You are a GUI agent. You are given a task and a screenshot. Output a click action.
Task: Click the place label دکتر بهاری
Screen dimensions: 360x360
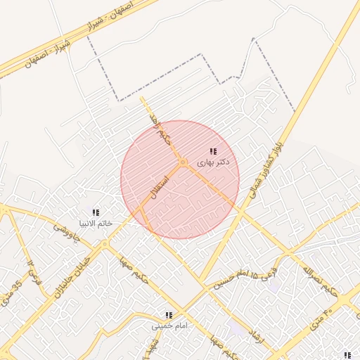coord(212,162)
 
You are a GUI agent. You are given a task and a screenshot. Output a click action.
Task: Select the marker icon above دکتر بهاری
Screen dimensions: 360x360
coord(213,151)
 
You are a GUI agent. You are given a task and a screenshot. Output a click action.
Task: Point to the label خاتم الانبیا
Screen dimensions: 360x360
coord(95,223)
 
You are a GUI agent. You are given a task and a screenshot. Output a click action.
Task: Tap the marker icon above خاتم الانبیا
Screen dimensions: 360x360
coord(96,212)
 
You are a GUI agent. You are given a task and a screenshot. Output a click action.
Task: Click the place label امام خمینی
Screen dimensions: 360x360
coord(169,326)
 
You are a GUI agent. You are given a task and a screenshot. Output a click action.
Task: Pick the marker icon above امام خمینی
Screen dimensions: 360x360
coord(169,316)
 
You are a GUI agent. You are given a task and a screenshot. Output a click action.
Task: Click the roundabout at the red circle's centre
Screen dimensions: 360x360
coord(182,163)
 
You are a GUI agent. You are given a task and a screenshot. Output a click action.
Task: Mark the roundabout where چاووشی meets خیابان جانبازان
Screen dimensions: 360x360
coord(105,244)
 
